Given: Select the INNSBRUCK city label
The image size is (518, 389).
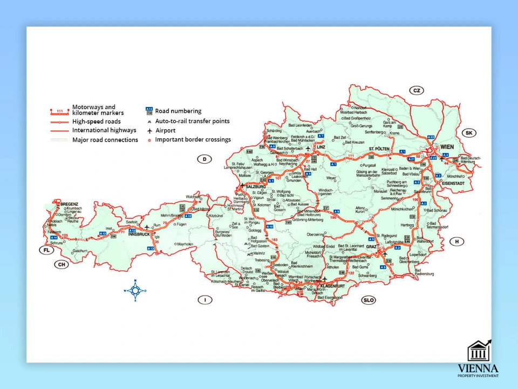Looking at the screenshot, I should click(x=139, y=234).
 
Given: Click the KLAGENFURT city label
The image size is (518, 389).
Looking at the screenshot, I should click(x=333, y=285).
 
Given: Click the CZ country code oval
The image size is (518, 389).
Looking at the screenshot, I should click(x=417, y=90).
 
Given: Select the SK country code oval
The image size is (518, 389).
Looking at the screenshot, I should click(x=469, y=133).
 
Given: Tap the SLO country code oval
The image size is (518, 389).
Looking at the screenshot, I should click(x=369, y=300).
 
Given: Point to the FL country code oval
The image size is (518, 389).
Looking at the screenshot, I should click(x=47, y=250).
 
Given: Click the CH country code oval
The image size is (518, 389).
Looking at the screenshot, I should click(x=62, y=264).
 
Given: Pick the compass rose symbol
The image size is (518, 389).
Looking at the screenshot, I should click(x=135, y=291).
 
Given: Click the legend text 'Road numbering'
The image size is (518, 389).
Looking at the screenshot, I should click(x=178, y=111).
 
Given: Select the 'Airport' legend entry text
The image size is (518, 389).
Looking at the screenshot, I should click(x=165, y=130).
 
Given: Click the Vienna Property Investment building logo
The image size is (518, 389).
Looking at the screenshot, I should click(x=479, y=352).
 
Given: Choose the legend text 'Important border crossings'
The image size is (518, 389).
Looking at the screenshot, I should click(x=193, y=139).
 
